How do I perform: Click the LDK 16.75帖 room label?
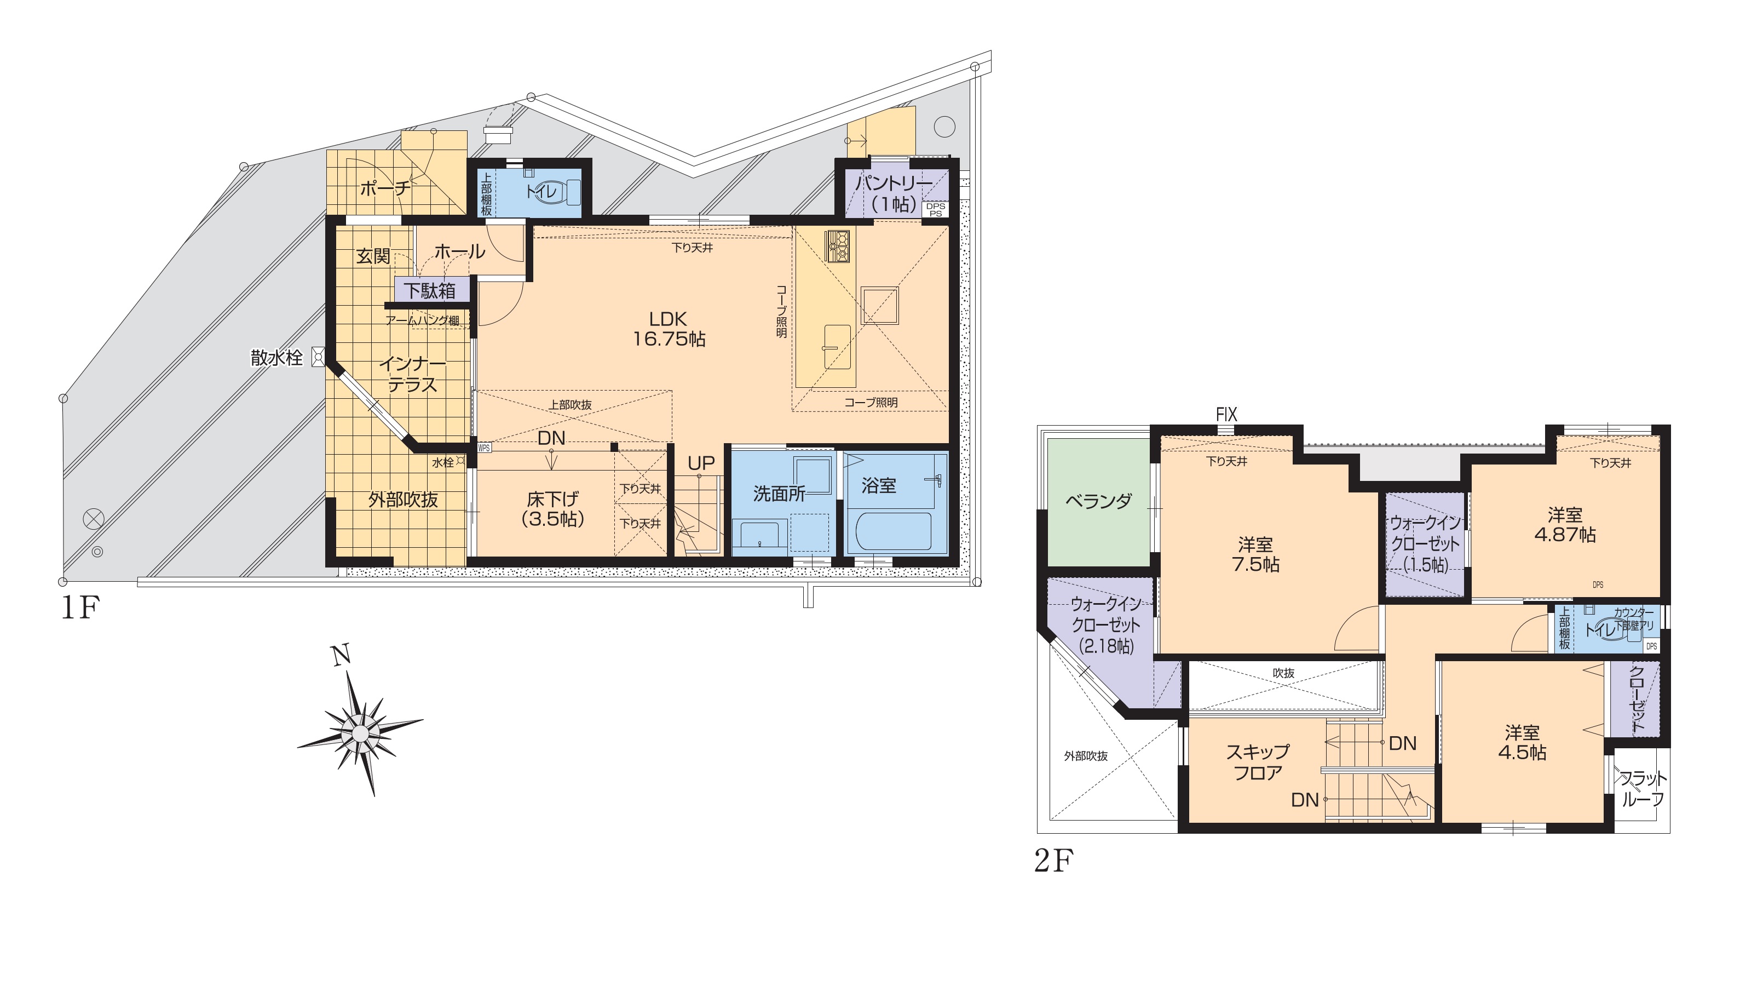(x=669, y=329)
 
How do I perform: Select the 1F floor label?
(x=81, y=608)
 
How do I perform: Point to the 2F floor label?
(x=1054, y=861)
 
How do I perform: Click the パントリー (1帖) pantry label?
(x=894, y=194)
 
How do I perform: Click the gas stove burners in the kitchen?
(x=838, y=246)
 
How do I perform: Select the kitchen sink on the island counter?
(x=837, y=346)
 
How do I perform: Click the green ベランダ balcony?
(x=1098, y=502)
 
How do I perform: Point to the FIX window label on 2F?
(x=1226, y=414)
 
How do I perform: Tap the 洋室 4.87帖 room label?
(x=1565, y=525)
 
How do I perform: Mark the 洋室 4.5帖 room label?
(x=1522, y=743)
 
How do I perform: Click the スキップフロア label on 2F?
(x=1258, y=763)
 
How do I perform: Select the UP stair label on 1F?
(x=701, y=463)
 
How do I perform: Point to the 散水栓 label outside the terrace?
(x=276, y=357)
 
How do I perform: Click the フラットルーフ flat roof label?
(x=1643, y=789)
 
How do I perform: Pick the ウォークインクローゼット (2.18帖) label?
(x=1106, y=625)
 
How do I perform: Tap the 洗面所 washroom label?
(x=779, y=494)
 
